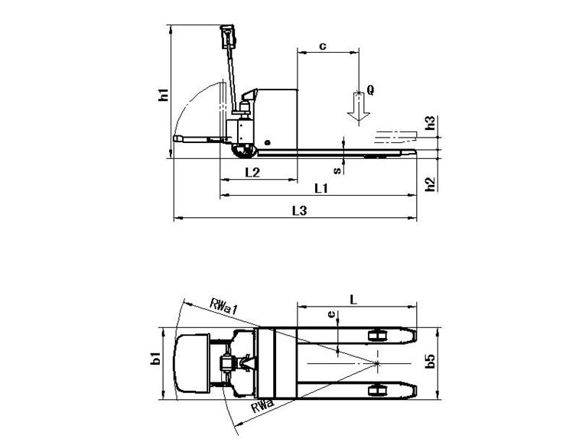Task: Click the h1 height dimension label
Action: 164,94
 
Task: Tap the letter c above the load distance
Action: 323,46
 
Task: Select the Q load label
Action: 370,89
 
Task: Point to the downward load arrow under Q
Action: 359,107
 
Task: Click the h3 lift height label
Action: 430,122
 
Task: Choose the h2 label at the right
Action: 430,184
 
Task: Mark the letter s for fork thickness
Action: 337,170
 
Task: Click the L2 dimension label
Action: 252,173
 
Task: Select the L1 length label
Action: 321,188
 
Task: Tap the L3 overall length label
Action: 299,211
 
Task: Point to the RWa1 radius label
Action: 223,306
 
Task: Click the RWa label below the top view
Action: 262,407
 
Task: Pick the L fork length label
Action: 353,300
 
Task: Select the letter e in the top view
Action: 331,314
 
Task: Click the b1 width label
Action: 155,359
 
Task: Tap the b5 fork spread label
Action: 430,361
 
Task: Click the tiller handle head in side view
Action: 228,36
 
